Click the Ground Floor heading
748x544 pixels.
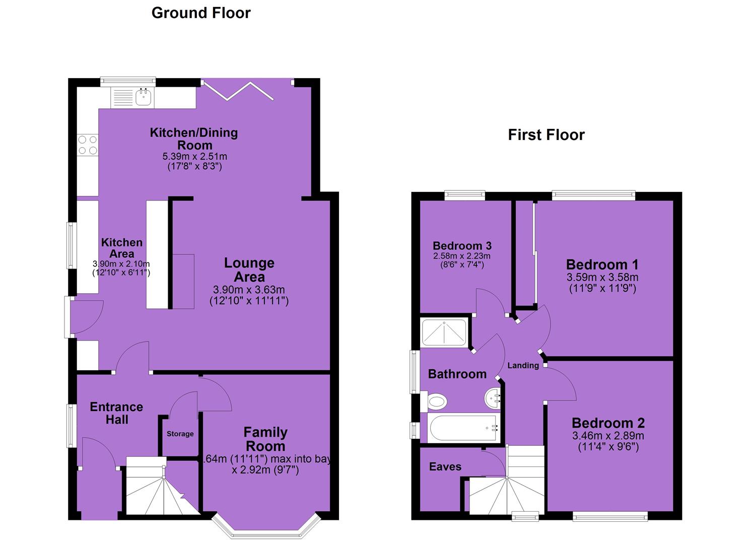click(201, 14)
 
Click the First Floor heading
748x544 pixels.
click(547, 135)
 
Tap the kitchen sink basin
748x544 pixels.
click(144, 97)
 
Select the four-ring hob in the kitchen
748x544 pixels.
click(88, 145)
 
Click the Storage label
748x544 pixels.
click(180, 434)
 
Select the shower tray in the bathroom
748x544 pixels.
click(444, 332)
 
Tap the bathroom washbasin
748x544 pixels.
click(493, 398)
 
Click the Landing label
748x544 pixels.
click(523, 366)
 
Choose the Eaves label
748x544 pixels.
click(445, 466)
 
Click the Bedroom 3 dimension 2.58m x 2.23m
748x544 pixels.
click(462, 256)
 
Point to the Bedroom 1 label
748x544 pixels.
click(602, 264)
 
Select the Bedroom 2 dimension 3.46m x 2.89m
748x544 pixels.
click(608, 436)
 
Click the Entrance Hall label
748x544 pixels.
click(116, 413)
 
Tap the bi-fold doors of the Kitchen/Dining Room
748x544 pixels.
click(238, 91)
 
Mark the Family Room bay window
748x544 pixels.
click(266, 527)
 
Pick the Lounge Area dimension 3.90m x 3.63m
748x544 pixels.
click(249, 290)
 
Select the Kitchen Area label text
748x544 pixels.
click(122, 248)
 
